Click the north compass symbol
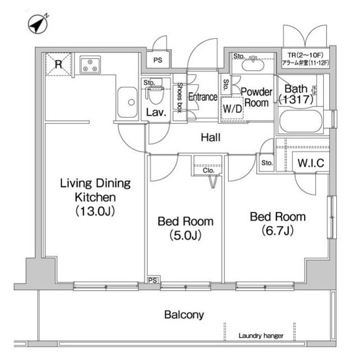tap(38, 24)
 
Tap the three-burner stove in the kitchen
tap(90, 65)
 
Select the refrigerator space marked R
tap(59, 64)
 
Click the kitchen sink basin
tap(127, 102)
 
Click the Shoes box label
tap(179, 97)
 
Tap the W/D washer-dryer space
tap(232, 108)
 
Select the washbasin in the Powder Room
tap(253, 65)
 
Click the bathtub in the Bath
tap(300, 121)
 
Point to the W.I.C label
tap(311, 163)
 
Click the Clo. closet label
tap(209, 171)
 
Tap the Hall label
tap(210, 137)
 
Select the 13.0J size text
tap(95, 211)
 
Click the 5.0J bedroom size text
tap(186, 235)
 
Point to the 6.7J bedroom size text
tap(278, 230)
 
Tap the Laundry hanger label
tap(261, 336)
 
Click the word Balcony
tap(184, 315)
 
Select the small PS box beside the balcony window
tap(153, 280)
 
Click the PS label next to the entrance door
tap(158, 60)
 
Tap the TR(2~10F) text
tap(305, 55)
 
